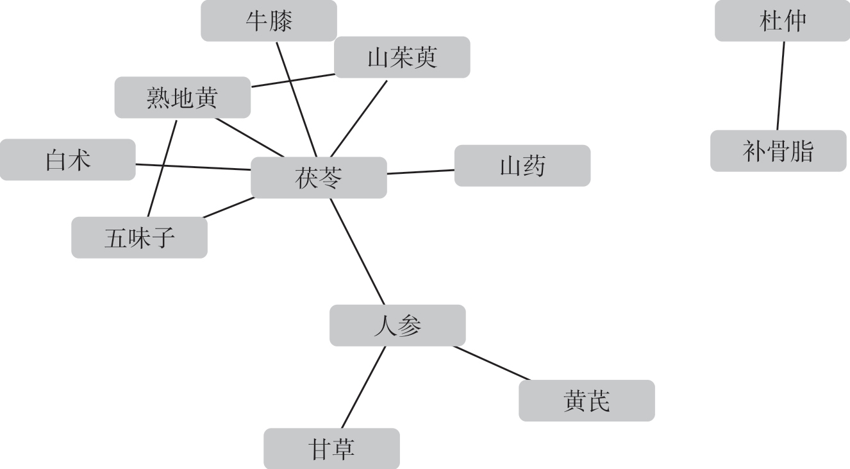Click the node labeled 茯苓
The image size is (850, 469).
coord(319,178)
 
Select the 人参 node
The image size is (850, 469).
coord(397,325)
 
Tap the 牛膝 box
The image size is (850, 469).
coord(269,21)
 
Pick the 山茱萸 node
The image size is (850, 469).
coord(402,57)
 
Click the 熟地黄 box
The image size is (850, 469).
coord(183,98)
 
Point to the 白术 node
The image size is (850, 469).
coord(68,160)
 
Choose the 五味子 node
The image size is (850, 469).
coord(139,237)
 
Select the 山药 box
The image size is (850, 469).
coord(522,166)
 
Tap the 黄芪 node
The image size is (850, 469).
coord(587,400)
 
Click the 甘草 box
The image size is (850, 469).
coord(331,448)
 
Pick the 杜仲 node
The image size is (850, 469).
coord(782,21)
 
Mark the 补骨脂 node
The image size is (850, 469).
coord(778,151)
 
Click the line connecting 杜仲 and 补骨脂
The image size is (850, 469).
coord(781,86)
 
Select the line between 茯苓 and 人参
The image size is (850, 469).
coord(357,252)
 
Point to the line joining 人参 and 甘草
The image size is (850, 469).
coord(363,387)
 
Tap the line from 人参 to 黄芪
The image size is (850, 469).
coord(492,362)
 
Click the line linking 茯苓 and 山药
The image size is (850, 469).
coord(421,171)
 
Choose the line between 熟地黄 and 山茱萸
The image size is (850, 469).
coord(293,80)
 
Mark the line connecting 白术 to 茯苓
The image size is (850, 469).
coord(193,167)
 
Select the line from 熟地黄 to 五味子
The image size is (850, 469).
coord(162,167)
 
